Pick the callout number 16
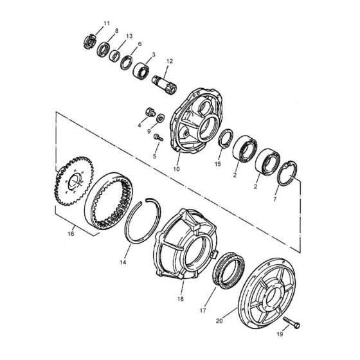(71, 234)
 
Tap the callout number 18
(181, 299)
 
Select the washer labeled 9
(161, 118)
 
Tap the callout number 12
(170, 62)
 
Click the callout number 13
(129, 36)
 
